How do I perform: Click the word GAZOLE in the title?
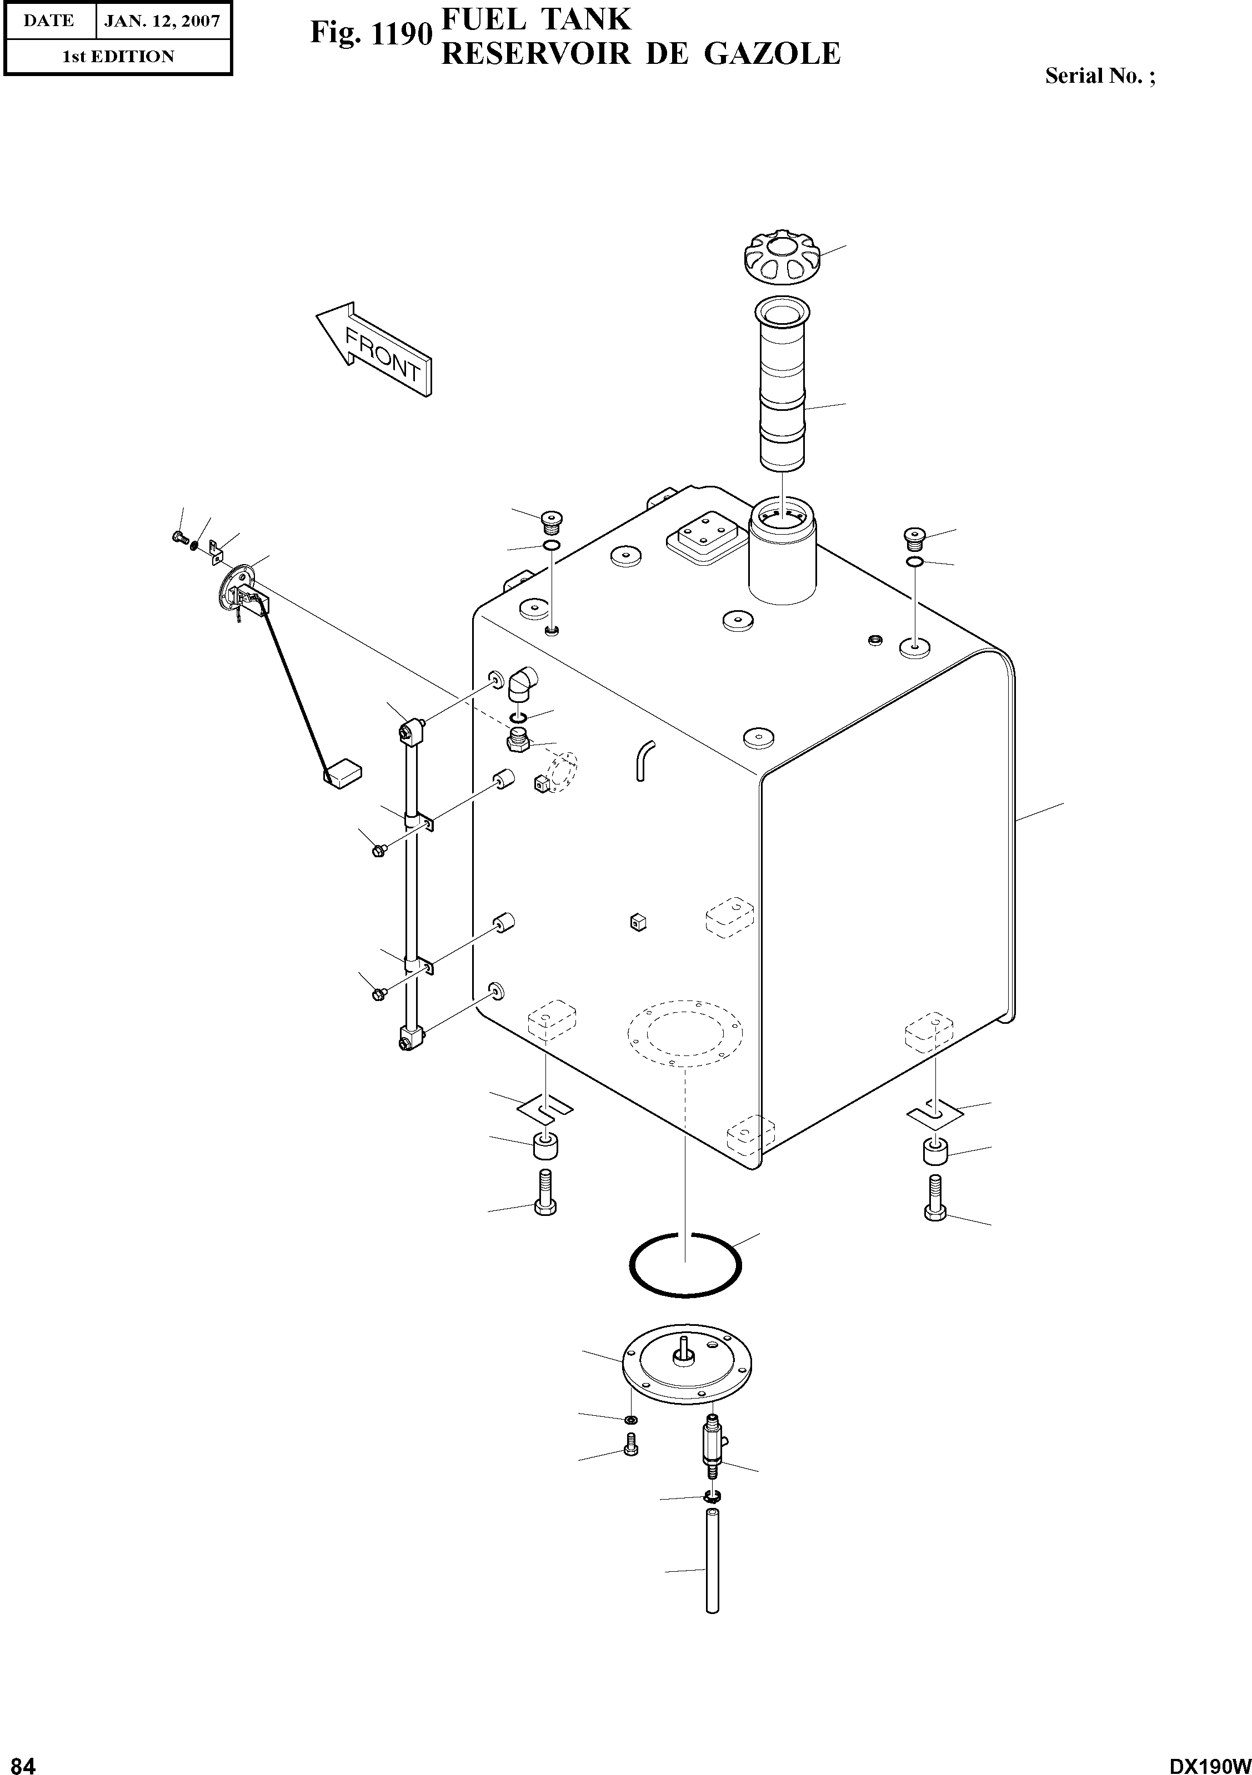tap(773, 53)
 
